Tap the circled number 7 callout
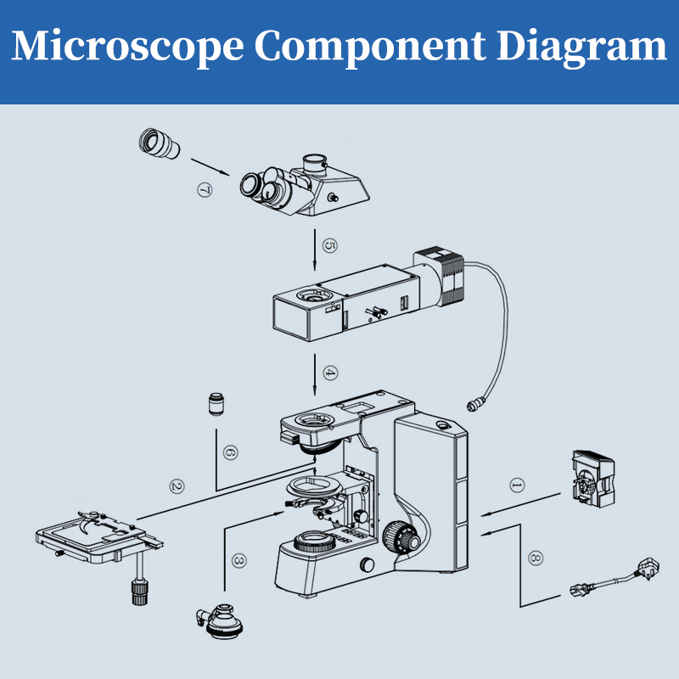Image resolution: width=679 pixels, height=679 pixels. [x=204, y=190]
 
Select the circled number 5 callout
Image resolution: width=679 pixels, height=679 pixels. [x=332, y=246]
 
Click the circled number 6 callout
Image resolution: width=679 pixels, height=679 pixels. [x=228, y=452]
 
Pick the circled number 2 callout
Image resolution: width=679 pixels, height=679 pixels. [x=177, y=486]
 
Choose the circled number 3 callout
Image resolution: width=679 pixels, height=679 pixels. [x=238, y=561]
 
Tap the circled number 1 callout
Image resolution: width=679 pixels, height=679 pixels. [x=517, y=485]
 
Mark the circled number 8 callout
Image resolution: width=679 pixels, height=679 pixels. [x=535, y=558]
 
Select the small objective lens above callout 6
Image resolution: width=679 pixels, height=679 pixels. [x=216, y=403]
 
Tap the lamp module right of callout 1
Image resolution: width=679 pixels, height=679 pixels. [x=593, y=480]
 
